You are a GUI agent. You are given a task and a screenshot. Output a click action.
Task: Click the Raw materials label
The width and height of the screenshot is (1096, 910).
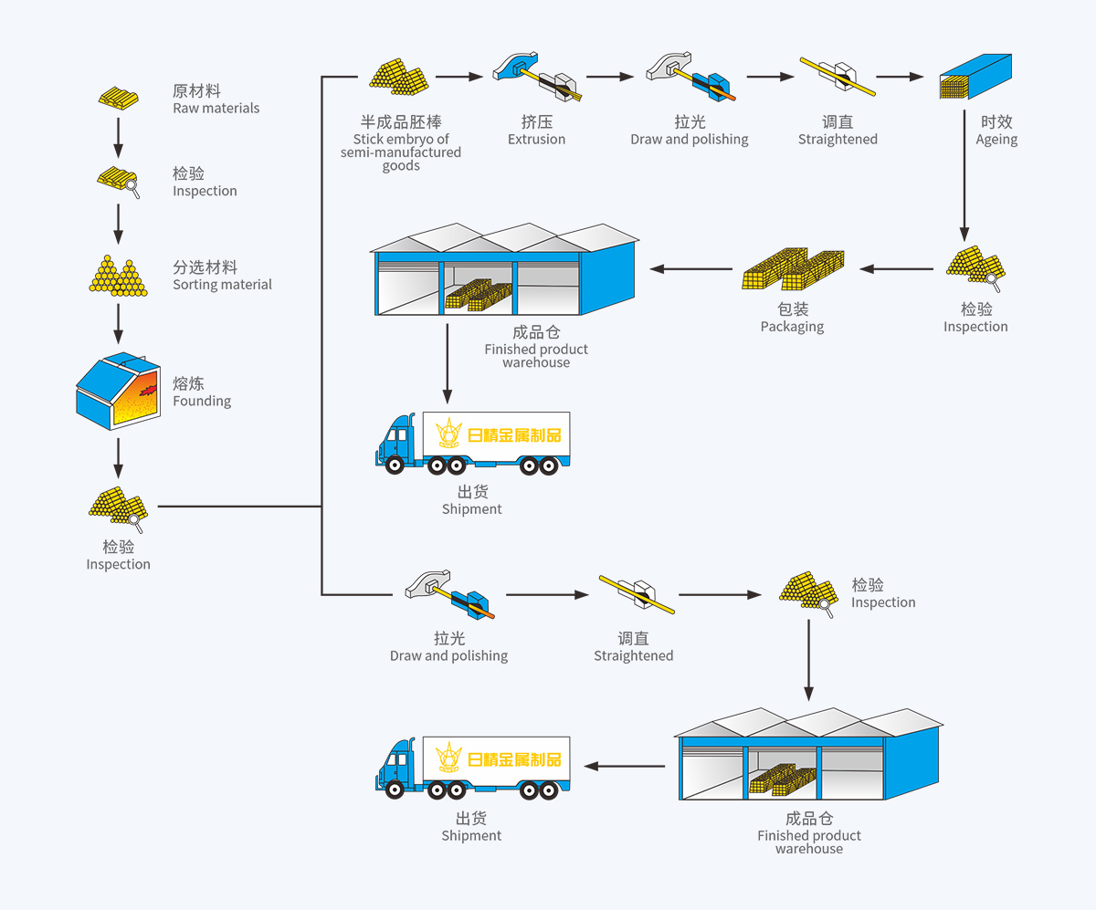[x=216, y=99]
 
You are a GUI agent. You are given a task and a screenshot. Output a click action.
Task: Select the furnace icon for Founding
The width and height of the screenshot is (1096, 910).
[x=118, y=390]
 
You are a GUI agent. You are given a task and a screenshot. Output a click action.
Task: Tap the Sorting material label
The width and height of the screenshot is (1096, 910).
[x=222, y=276]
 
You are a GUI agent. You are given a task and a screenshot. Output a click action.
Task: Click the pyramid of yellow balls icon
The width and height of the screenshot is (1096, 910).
[x=118, y=275]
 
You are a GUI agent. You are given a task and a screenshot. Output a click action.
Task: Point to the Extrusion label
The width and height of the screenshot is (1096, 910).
[x=536, y=131]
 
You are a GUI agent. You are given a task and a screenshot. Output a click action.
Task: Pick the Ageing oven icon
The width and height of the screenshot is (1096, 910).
[x=975, y=77]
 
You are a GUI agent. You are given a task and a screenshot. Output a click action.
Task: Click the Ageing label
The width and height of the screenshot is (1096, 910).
[x=996, y=131]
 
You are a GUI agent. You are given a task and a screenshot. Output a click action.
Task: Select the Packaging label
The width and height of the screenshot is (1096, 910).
[x=792, y=318]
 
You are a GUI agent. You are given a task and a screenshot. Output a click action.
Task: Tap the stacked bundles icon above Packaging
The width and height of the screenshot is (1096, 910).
[x=793, y=269]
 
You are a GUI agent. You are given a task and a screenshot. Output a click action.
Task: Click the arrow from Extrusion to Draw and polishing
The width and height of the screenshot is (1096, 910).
[x=609, y=77]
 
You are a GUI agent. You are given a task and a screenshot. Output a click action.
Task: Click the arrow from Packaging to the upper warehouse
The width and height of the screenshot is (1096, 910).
[x=691, y=269]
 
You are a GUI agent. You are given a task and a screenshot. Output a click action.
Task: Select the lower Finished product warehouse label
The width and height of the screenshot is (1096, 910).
[x=809, y=834]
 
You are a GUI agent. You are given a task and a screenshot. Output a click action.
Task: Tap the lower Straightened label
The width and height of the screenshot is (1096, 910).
[x=633, y=647]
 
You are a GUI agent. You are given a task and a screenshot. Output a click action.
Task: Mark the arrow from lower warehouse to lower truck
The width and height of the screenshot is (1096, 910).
[x=625, y=766]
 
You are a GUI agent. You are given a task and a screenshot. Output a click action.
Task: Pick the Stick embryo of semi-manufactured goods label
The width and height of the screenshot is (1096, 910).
[x=401, y=144]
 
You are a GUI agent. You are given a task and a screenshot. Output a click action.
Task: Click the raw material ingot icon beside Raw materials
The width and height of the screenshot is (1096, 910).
[x=119, y=98]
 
